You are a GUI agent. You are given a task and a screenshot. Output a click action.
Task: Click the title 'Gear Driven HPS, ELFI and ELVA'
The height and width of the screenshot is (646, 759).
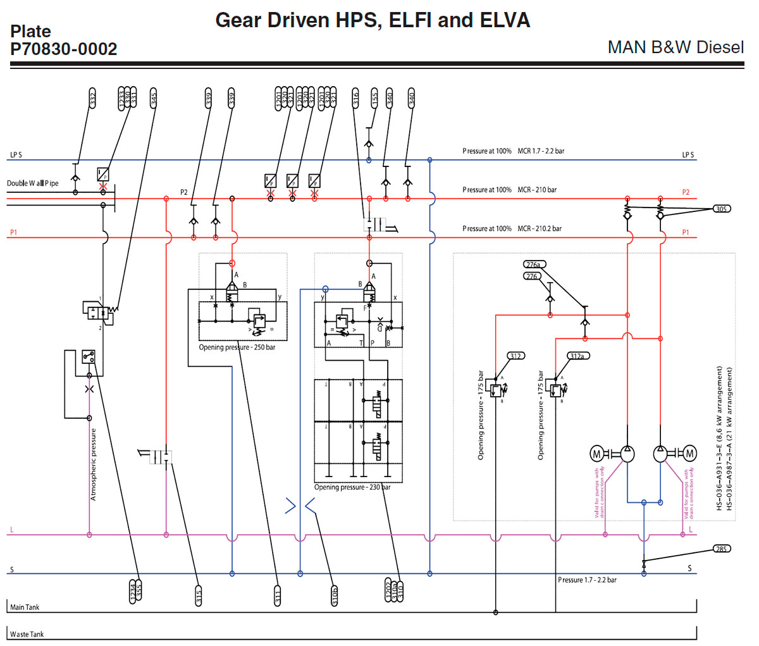click(373, 20)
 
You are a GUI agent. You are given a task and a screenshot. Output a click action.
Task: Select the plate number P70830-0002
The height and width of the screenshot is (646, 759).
click(64, 49)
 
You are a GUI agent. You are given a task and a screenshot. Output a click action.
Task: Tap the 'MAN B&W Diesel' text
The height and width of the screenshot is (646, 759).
click(675, 47)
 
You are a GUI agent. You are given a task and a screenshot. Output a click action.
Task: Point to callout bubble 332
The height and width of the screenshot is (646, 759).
click(93, 99)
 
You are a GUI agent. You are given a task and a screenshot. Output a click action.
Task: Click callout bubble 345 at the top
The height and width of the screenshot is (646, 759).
click(154, 99)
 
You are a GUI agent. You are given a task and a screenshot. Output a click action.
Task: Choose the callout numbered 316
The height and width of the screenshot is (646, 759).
click(356, 99)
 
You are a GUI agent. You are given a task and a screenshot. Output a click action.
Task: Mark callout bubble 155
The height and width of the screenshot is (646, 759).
click(374, 99)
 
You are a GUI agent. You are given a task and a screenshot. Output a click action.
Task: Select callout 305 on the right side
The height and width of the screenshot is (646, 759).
click(722, 209)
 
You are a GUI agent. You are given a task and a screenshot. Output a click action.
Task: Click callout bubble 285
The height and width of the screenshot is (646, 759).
click(722, 549)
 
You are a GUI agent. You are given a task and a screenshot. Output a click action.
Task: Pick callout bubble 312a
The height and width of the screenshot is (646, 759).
click(577, 356)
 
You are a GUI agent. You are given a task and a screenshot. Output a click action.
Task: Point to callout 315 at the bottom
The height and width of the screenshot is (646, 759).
click(199, 596)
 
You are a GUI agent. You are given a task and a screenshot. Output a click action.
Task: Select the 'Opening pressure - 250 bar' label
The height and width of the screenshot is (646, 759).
click(237, 347)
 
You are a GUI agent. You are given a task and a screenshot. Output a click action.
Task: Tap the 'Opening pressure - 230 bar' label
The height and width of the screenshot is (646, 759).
click(352, 487)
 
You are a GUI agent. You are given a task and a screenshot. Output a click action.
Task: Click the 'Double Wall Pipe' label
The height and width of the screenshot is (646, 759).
click(33, 183)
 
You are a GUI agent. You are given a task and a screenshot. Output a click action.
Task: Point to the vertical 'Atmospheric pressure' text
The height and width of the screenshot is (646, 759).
click(94, 464)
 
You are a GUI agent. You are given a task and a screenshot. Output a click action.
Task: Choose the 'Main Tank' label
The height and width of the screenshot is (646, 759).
click(25, 607)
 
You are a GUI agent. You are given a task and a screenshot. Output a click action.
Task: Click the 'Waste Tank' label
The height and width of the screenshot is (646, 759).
click(27, 634)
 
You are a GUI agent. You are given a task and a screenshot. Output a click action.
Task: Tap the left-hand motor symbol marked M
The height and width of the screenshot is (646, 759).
click(596, 454)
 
